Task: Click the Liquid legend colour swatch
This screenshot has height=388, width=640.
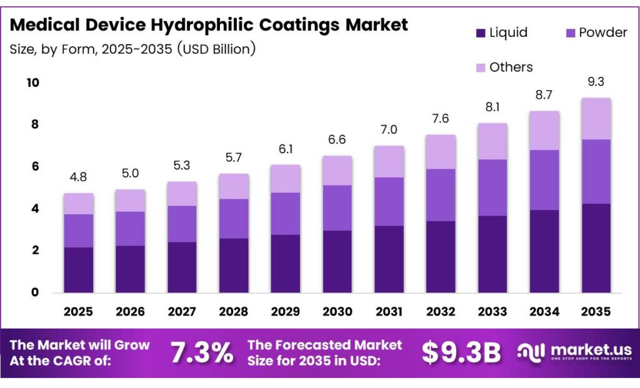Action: pos(481,32)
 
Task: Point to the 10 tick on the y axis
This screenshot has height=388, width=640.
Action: pos(32,82)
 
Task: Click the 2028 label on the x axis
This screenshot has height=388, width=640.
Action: pos(234,311)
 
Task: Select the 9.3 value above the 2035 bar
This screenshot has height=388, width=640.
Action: pos(596,82)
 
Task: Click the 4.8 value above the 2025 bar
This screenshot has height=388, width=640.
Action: pos(79,177)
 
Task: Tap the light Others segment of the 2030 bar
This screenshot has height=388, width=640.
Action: pos(337,171)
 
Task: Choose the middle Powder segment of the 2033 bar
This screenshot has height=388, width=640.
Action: pos(492,187)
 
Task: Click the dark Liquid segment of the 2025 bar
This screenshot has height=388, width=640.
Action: pos(79,270)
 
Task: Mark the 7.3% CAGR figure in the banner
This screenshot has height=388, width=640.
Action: pos(202,353)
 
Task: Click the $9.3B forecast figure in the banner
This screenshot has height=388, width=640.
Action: pos(461,353)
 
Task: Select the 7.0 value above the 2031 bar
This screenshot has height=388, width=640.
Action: pos(389,130)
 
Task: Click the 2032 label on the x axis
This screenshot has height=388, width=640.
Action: pos(441,311)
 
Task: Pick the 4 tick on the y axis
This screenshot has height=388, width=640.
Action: pos(35,208)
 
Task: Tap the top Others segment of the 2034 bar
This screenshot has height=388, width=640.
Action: pos(544,131)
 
